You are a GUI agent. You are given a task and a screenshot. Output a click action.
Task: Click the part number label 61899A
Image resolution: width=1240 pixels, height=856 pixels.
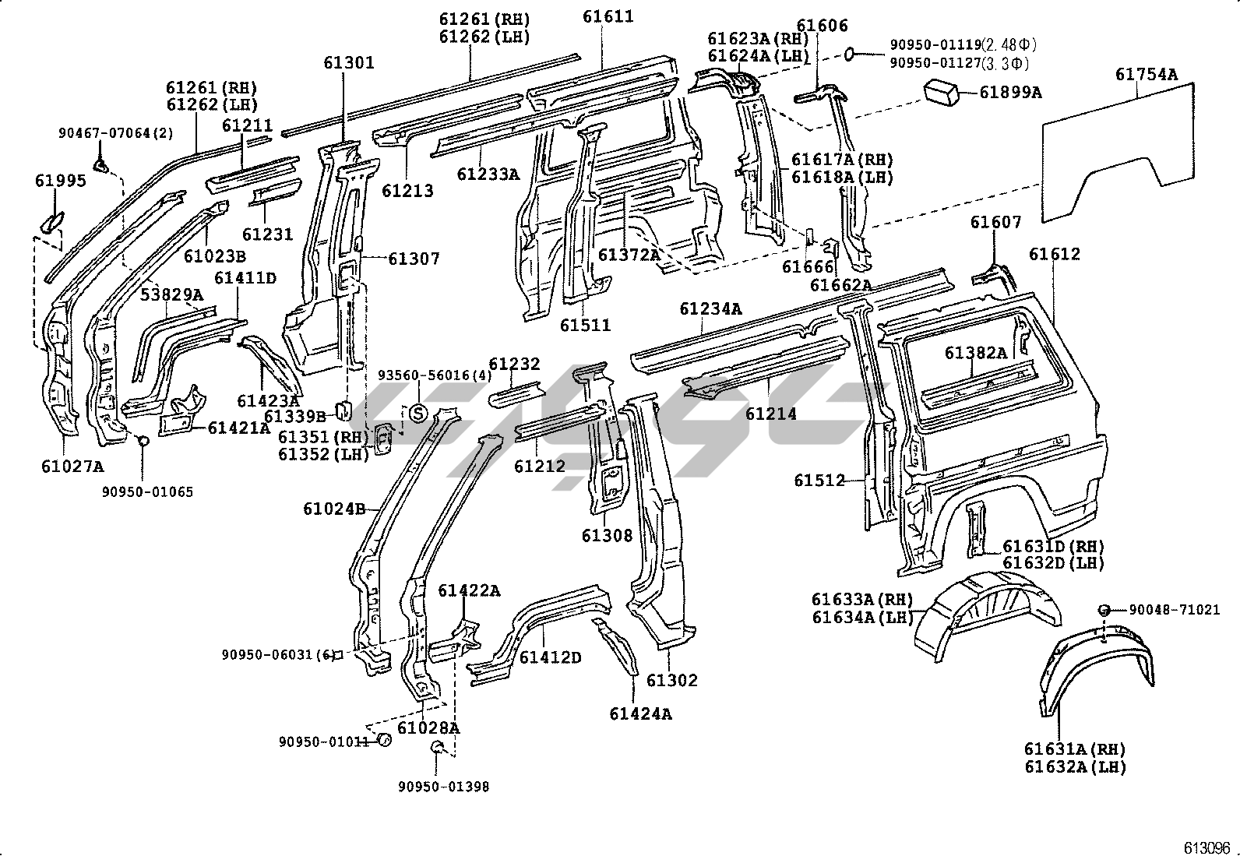coord(1010,93)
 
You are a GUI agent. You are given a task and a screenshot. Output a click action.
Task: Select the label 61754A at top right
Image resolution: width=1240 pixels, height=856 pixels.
coord(1146,75)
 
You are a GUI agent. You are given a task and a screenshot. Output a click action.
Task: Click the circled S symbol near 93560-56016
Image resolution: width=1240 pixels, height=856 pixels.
coord(418,414)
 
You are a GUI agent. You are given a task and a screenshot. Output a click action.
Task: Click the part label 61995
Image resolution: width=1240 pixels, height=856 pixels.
coord(60,181)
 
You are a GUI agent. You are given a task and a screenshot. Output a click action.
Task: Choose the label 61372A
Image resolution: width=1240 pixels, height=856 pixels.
coord(629,254)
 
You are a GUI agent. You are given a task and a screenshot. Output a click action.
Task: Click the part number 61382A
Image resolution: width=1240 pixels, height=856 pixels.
coord(976,353)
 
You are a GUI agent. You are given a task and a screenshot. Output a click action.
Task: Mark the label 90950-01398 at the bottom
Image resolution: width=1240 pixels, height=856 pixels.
coord(443,787)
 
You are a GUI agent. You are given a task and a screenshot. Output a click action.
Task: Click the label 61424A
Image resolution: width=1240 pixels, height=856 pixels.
coord(640,713)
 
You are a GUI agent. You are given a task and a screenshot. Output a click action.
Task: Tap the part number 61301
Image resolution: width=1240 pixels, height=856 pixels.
coord(349,62)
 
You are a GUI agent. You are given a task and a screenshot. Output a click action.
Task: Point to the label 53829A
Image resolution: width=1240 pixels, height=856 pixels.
coord(172,294)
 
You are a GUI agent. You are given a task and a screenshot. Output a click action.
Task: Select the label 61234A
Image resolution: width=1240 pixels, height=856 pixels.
coord(710,309)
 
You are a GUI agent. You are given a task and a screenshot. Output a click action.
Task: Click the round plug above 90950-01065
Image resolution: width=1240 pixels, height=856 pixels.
coord(143,442)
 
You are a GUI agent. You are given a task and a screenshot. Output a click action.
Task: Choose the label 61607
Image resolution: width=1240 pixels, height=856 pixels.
coord(995,223)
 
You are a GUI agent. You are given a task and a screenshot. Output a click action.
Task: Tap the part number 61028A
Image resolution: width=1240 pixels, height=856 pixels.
coord(428,727)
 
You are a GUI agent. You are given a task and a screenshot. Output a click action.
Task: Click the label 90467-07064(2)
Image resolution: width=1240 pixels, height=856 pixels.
coord(116,133)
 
